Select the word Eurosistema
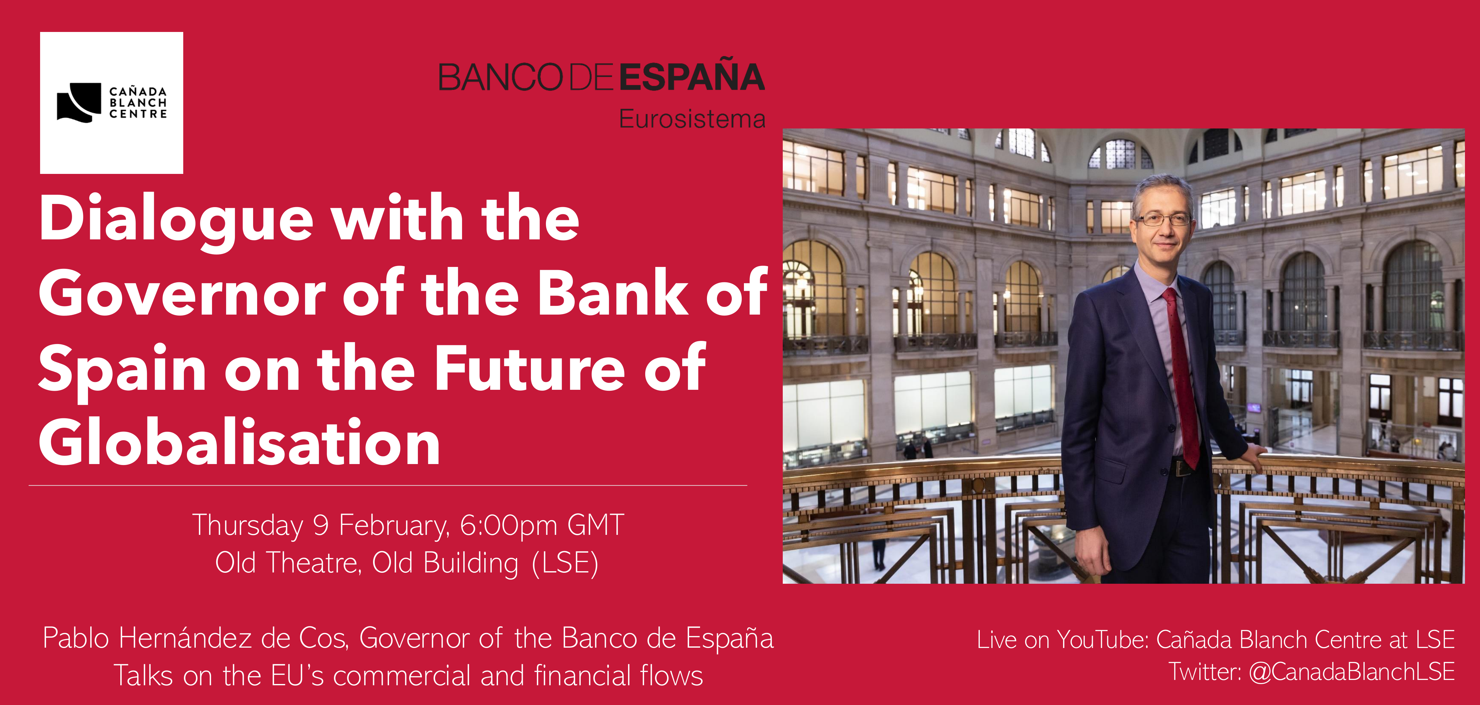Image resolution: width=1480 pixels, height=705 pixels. pos(692,119)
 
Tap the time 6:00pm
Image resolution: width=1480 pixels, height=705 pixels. pos(508,525)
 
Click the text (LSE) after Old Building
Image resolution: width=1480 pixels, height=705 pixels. pos(565,564)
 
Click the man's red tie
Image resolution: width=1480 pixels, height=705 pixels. pos(1181,373)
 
